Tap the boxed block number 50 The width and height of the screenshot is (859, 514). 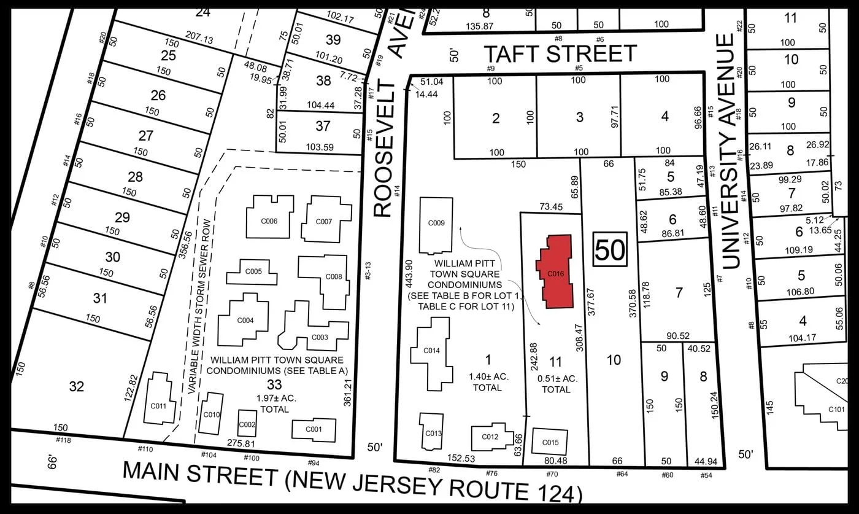click(609, 250)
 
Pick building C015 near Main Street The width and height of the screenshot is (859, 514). click(550, 442)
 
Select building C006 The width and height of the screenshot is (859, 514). click(270, 218)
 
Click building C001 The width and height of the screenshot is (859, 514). click(314, 429)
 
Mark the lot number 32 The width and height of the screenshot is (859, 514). click(76, 386)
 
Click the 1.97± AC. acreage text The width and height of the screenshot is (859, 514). click(276, 398)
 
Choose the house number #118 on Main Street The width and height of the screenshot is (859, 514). click(63, 440)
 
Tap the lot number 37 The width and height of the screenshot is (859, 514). click(323, 127)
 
